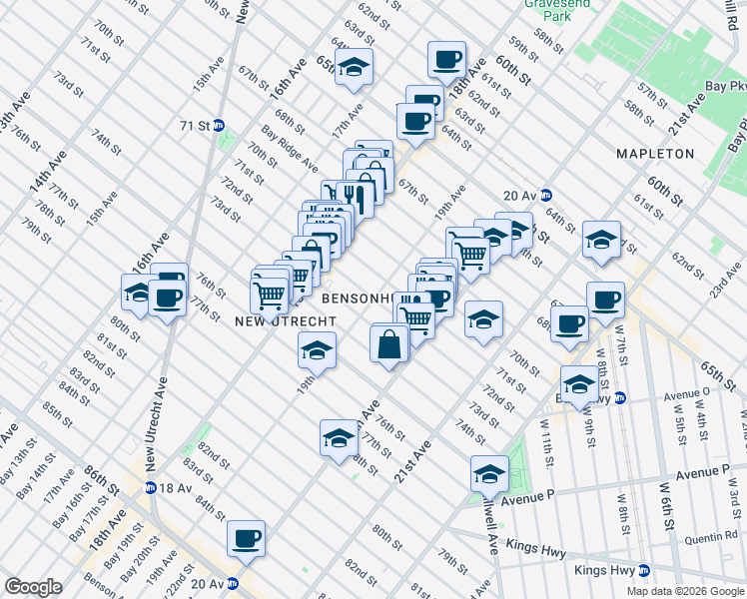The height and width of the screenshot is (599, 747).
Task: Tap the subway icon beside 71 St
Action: click(x=219, y=126)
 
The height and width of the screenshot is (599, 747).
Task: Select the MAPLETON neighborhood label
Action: click(x=655, y=154)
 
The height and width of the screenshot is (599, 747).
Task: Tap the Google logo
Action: click(x=34, y=587)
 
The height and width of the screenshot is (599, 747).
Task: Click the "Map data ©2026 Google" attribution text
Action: click(x=685, y=591)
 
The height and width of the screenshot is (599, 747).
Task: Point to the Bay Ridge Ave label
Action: click(x=291, y=148)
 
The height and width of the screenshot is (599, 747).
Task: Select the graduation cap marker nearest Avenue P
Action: click(x=489, y=472)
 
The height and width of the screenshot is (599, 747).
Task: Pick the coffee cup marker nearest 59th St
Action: click(x=445, y=59)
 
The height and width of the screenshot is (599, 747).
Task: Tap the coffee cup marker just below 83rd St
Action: click(x=246, y=538)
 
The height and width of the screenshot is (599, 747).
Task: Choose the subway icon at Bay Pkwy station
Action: click(x=620, y=398)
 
